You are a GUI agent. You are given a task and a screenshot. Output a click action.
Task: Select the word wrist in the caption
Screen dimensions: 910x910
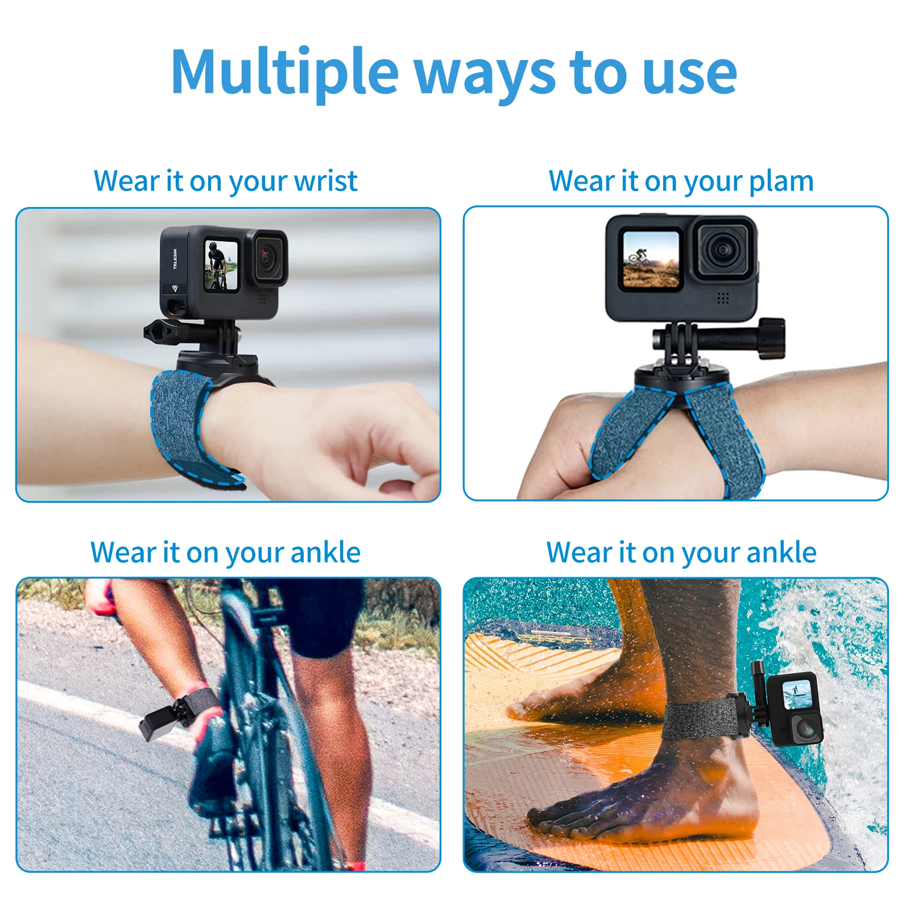point(326,181)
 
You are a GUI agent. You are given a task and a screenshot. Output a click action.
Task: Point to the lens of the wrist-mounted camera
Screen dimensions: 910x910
point(266,257)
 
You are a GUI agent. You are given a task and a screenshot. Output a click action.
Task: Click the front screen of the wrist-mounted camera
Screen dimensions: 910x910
point(221,265)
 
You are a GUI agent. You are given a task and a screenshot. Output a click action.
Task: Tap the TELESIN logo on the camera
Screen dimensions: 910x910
point(175,259)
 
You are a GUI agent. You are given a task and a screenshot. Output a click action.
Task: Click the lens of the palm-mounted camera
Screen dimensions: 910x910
point(723,249)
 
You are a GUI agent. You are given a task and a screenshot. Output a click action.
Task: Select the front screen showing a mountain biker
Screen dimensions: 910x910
point(651,259)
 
